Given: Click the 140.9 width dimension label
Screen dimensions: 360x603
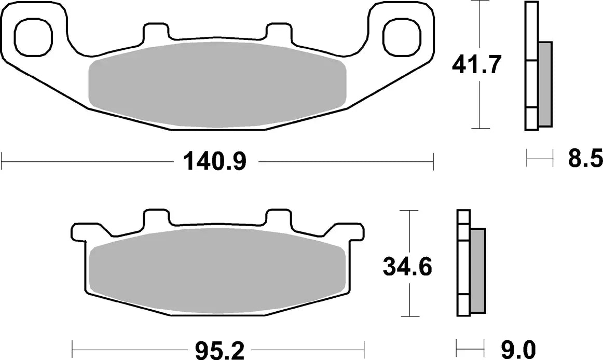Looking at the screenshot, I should (214, 162).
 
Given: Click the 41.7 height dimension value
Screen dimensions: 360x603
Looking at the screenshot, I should (476, 65).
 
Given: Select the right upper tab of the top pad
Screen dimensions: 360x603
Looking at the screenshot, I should (278, 32).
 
